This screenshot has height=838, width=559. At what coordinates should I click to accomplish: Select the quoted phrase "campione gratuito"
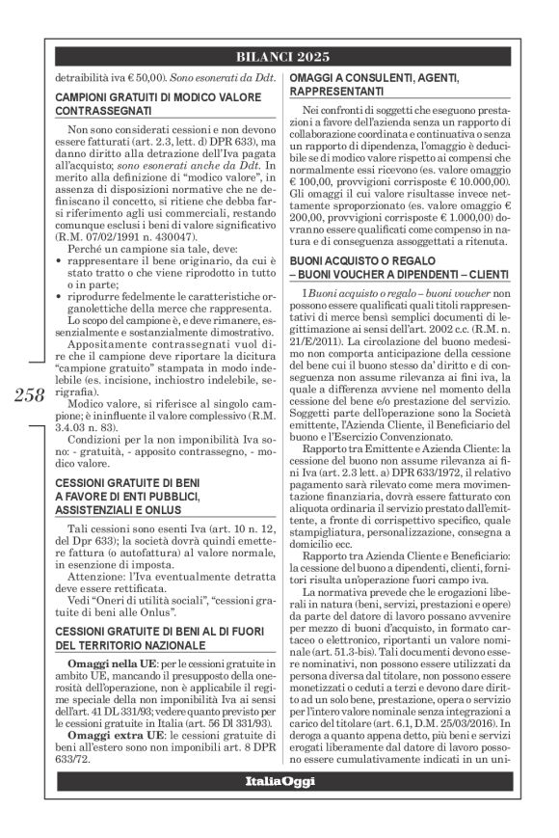tap(99, 368)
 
